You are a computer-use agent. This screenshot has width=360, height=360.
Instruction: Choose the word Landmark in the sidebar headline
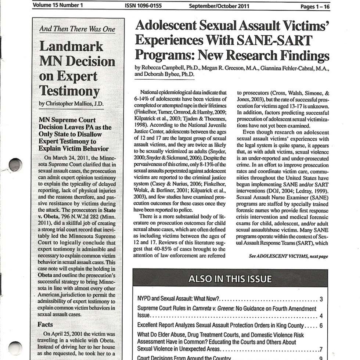pos(71,47)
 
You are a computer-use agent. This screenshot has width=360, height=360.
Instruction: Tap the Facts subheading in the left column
pos(46,324)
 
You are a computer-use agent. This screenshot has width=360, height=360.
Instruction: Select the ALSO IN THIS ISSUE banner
pos(230,279)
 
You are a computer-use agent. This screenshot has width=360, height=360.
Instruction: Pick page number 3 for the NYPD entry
pos(321,299)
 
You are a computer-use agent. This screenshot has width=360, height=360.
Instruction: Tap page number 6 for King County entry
pos(321,325)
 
